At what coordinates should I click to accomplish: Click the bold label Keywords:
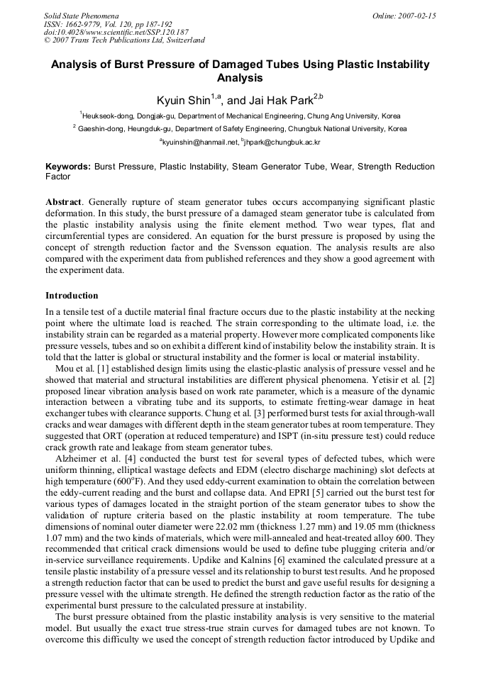point(68,167)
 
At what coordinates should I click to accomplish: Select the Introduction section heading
point(72,295)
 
